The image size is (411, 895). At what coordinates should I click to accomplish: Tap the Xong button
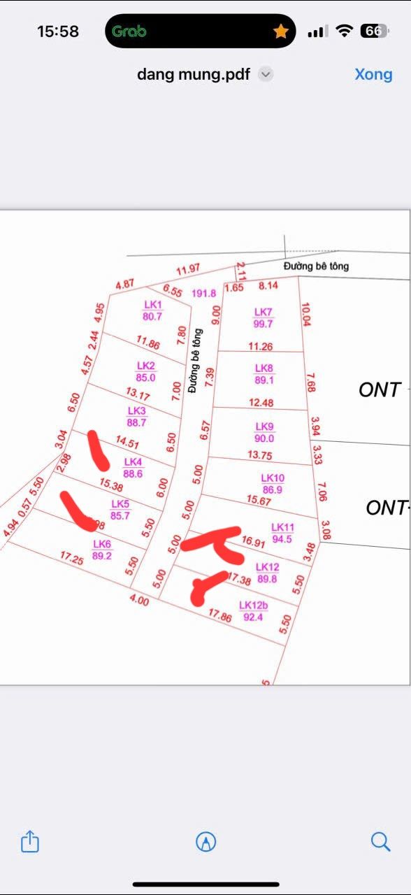pos(373,74)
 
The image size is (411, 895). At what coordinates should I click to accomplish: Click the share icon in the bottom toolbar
pos(29,841)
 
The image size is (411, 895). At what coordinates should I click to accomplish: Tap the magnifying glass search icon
pos(380,841)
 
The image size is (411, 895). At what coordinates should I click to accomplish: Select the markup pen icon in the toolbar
pos(206,841)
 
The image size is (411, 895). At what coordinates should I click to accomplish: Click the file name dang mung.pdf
pos(194,74)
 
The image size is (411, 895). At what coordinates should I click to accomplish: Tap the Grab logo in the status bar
pos(129,31)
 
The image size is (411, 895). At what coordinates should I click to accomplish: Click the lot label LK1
pos(152,305)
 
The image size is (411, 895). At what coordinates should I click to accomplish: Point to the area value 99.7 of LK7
pos(264,324)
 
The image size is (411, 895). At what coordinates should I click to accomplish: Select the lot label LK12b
pos(252,606)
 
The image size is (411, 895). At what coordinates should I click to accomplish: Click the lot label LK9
pos(264,427)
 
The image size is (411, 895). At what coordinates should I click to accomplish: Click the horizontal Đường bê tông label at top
pos(316,266)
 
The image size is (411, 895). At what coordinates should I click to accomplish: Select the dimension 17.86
pos(220,615)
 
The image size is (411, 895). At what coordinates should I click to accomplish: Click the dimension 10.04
pos(305,315)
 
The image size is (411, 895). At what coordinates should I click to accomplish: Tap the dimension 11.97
pos(188,269)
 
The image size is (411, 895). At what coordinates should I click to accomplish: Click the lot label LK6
pos(102,544)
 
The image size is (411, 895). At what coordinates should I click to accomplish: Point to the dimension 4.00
pos(139,601)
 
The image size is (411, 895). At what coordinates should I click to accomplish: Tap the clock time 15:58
pos(58,31)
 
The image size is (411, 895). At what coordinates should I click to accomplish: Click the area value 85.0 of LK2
pos(146,378)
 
